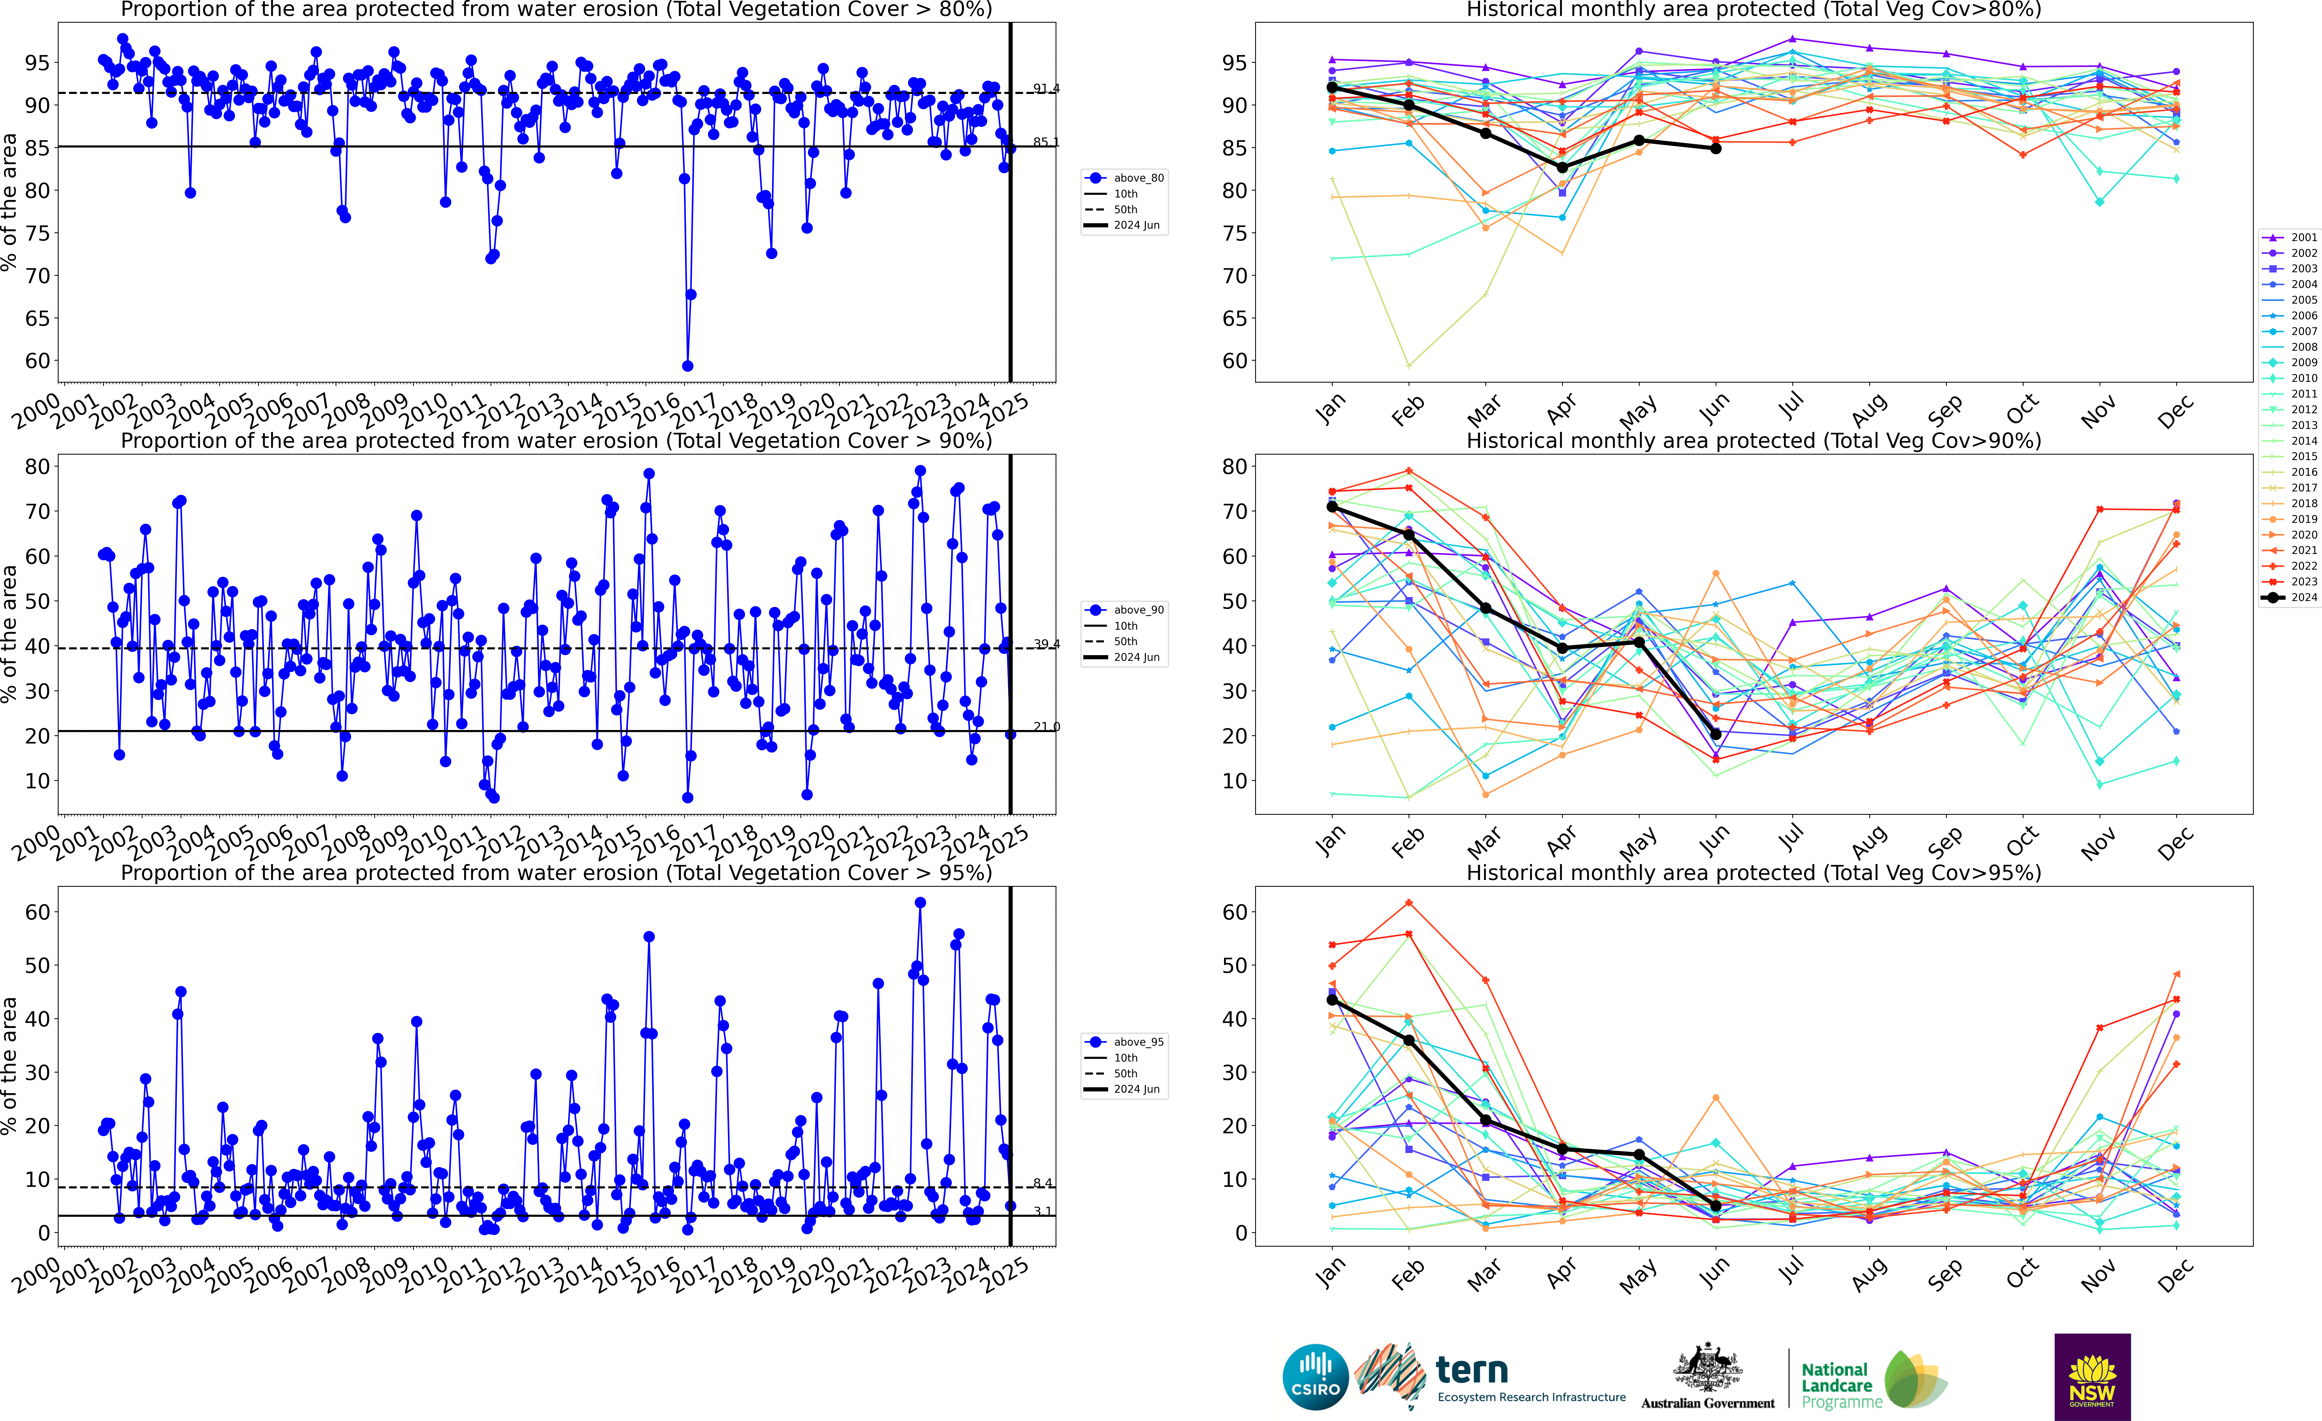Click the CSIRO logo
[x=1315, y=1377]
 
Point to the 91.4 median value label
[x=1046, y=89]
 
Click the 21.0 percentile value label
[x=1046, y=727]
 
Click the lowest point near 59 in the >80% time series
[x=688, y=366]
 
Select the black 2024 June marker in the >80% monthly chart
[x=1716, y=148]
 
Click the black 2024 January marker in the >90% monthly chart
[x=1332, y=507]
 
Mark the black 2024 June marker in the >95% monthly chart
[x=1716, y=1205]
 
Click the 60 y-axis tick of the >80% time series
[x=38, y=361]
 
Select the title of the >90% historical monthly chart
[x=1754, y=441]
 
